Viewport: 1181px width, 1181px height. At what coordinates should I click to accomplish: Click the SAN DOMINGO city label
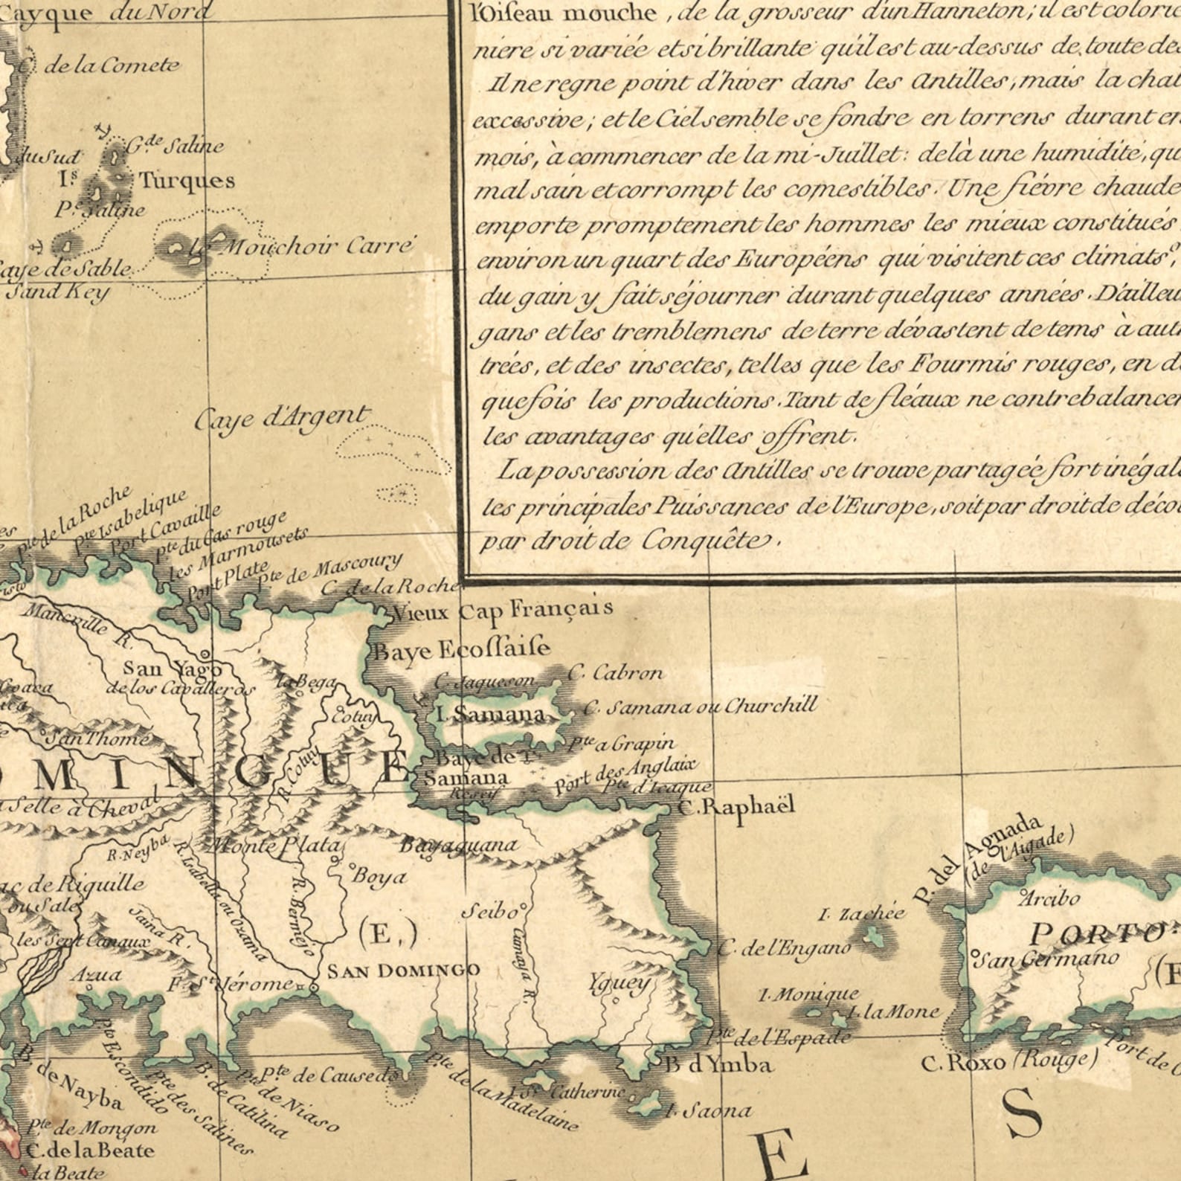404,970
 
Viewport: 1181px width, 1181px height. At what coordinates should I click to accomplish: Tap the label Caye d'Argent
282,419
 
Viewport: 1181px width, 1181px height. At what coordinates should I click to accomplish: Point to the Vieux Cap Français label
503,611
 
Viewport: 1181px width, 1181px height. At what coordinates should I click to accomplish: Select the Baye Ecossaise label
461,649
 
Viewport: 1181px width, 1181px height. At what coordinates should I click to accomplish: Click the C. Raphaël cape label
737,805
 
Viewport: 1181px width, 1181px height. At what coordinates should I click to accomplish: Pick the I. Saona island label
708,1111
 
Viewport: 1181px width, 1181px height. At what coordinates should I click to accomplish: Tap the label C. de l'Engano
785,947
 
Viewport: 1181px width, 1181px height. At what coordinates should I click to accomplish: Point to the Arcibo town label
1049,898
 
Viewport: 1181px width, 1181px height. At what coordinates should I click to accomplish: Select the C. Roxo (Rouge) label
1008,1061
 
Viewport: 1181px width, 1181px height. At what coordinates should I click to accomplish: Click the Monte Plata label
275,846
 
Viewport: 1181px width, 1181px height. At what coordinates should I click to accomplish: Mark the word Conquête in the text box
703,540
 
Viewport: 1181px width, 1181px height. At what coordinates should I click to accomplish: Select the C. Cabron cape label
615,674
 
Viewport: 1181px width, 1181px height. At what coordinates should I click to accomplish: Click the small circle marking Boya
353,866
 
